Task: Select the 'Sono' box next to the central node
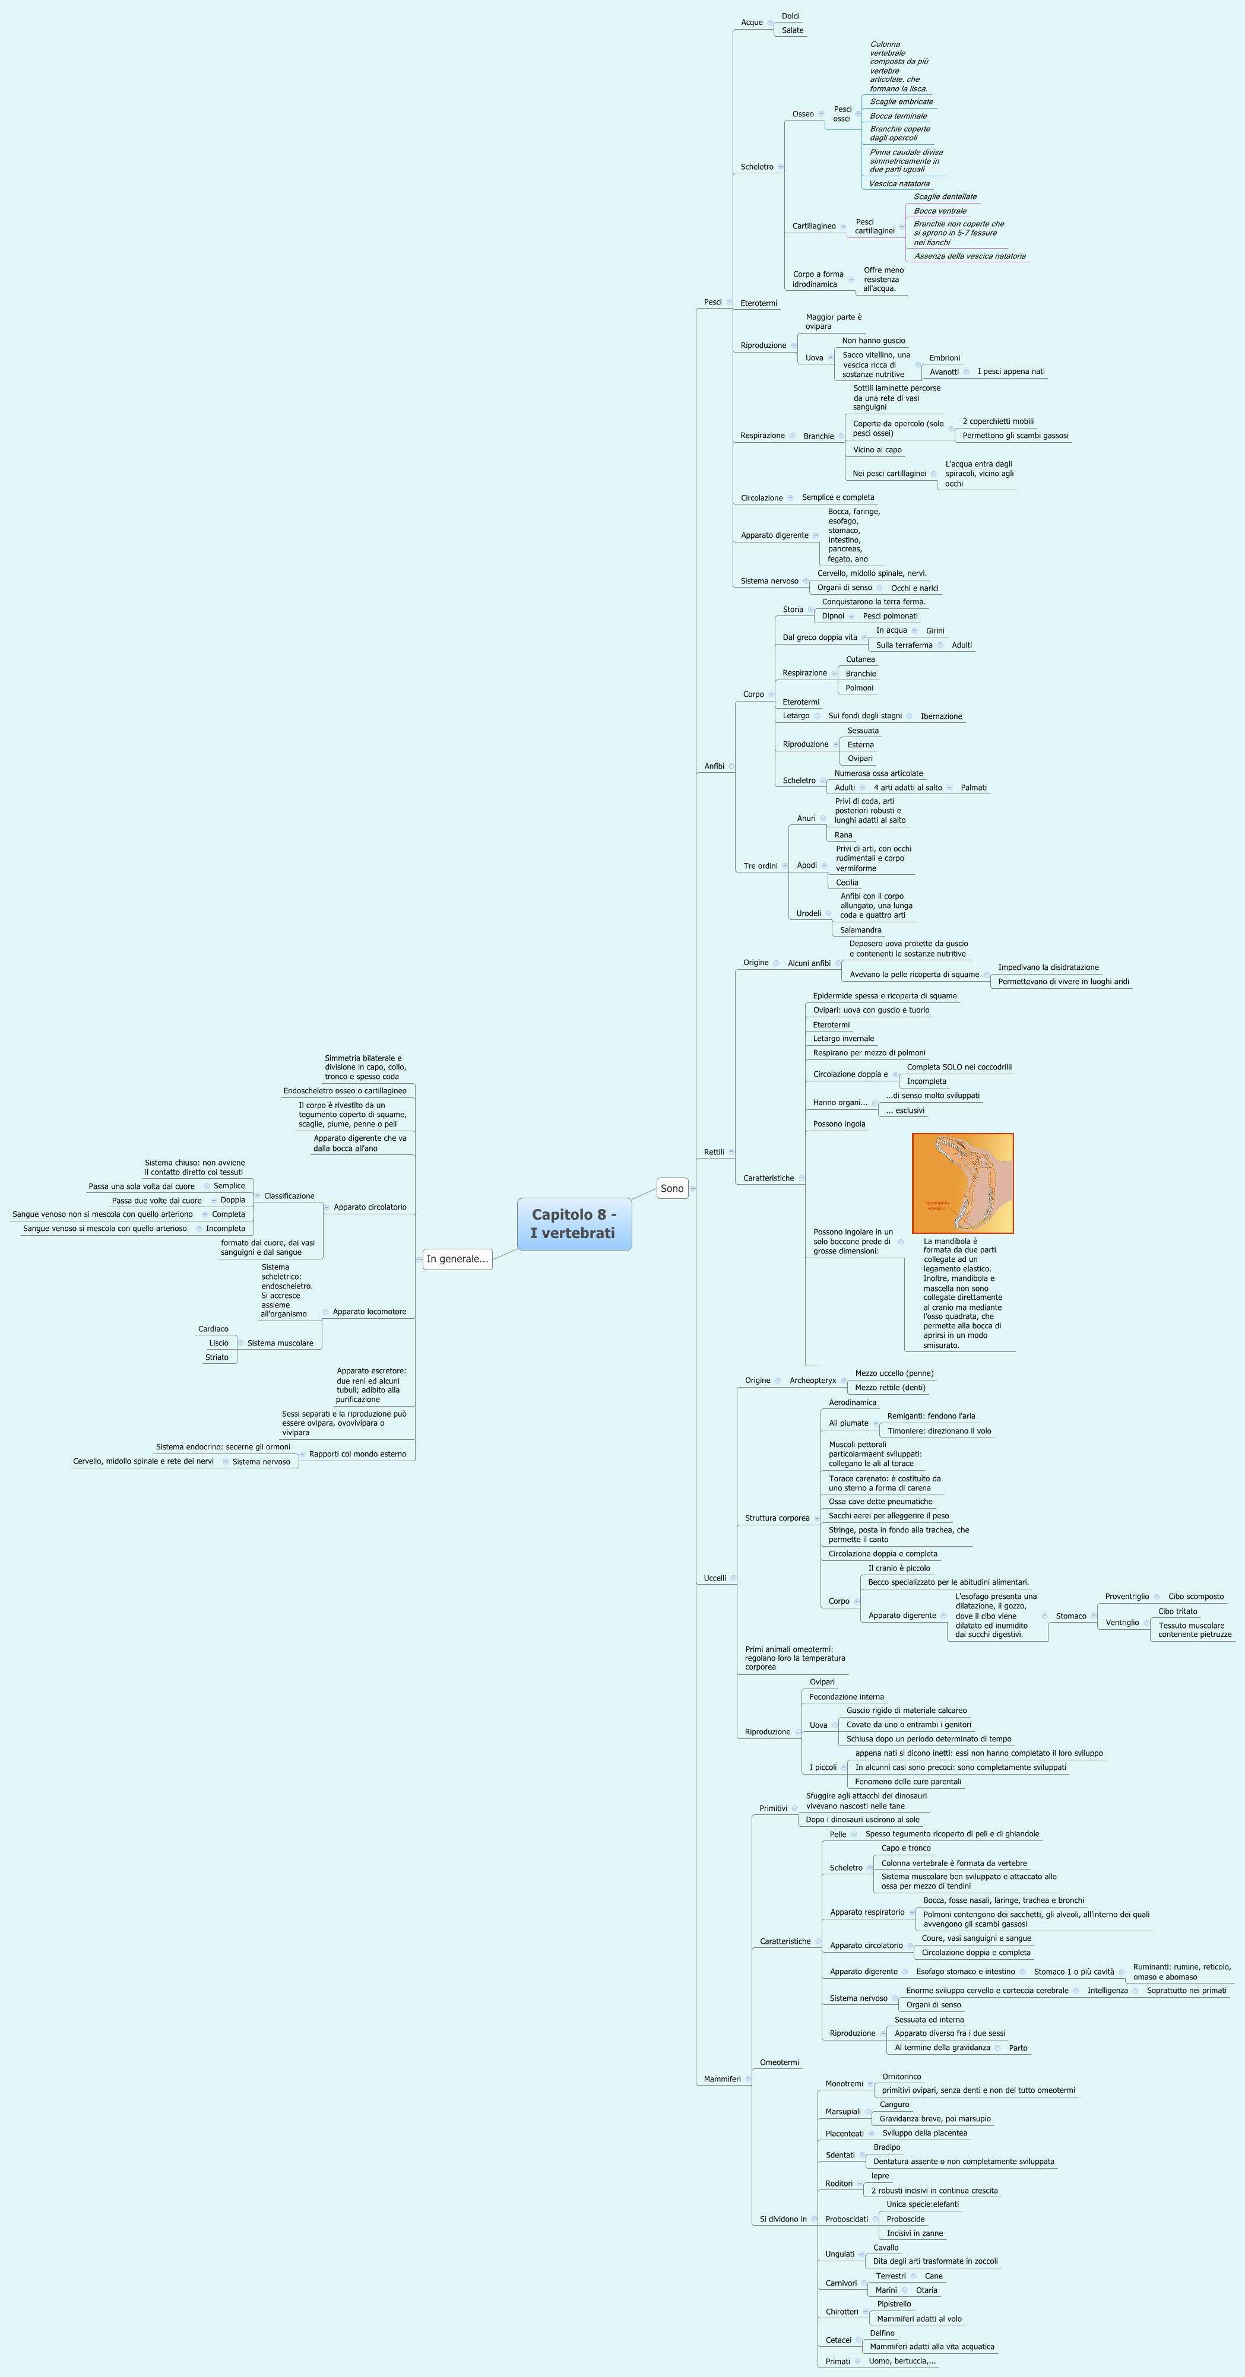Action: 672,1188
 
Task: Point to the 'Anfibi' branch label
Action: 714,766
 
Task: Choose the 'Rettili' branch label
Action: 714,1151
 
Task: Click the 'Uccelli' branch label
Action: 714,1578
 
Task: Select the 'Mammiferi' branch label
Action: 722,2079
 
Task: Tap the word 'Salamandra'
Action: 860,930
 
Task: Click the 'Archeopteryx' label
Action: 812,1380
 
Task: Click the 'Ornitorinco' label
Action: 901,2076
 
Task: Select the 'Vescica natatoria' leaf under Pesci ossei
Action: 899,183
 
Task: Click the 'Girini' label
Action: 935,631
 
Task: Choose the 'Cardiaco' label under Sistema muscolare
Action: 213,1329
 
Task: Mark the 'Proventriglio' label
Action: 1127,1597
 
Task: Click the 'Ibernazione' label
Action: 940,716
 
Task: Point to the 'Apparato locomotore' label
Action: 369,1311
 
